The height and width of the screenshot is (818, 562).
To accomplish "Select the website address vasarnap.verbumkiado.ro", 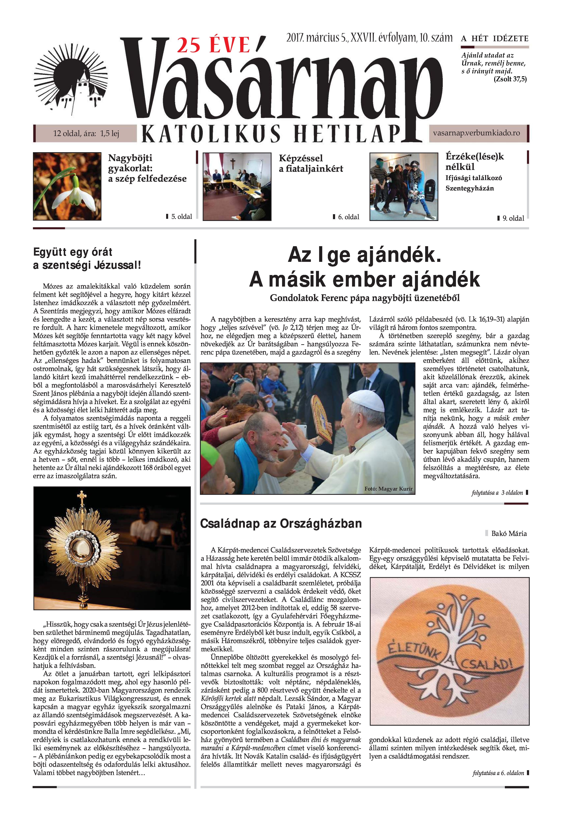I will [x=476, y=133].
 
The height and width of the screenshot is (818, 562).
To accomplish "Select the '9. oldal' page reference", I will [x=513, y=218].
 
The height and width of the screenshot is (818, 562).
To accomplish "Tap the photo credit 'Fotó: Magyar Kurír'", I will [x=388, y=489].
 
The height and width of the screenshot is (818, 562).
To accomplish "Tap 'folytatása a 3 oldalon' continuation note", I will [x=497, y=493].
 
